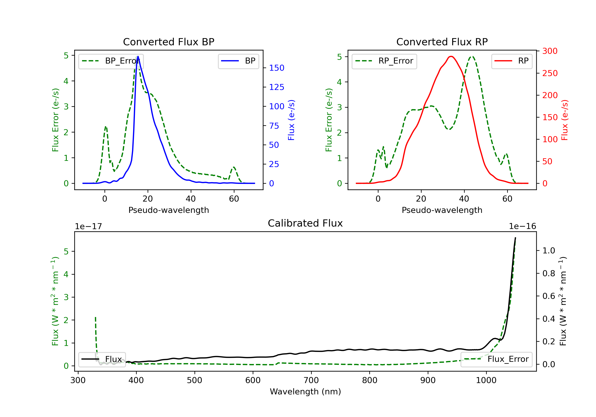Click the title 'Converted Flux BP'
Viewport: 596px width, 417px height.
click(x=168, y=42)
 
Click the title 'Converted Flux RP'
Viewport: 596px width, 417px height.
click(x=442, y=42)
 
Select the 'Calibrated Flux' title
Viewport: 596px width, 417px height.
click(x=305, y=223)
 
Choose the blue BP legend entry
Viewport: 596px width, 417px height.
click(x=238, y=61)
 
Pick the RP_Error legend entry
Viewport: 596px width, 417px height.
click(x=384, y=61)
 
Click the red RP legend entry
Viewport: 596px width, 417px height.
click(x=512, y=61)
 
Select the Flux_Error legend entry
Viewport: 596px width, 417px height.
click(x=496, y=359)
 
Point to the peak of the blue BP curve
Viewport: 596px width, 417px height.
click(x=138, y=56)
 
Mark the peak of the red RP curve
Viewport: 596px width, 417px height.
click(x=451, y=56)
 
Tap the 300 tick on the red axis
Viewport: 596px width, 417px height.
click(x=550, y=51)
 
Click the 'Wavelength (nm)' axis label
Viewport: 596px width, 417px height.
click(x=305, y=392)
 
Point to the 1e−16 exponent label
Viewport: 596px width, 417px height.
click(x=522, y=226)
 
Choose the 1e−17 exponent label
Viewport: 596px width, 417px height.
click(x=89, y=226)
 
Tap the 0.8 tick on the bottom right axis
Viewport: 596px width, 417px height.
click(x=549, y=273)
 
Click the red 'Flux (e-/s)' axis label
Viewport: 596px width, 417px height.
click(x=565, y=120)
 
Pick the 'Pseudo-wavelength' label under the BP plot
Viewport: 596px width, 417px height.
click(x=168, y=210)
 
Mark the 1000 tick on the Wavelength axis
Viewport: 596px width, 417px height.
click(x=486, y=380)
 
